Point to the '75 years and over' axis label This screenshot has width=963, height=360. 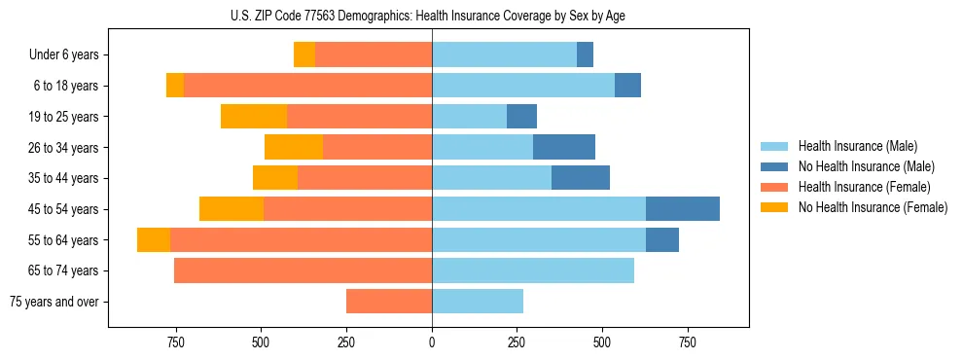(54, 302)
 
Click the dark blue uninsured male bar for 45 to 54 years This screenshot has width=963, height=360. (683, 209)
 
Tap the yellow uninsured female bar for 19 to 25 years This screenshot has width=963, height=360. (254, 117)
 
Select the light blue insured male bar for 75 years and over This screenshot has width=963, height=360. (478, 302)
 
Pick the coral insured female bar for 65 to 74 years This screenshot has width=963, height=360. (303, 270)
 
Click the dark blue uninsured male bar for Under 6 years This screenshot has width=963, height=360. (585, 55)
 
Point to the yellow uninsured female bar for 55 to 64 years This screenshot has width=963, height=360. (154, 240)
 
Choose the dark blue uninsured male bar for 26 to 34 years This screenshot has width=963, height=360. (564, 148)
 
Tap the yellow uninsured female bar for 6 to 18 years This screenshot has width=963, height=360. (175, 86)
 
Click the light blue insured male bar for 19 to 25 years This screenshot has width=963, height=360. (470, 117)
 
